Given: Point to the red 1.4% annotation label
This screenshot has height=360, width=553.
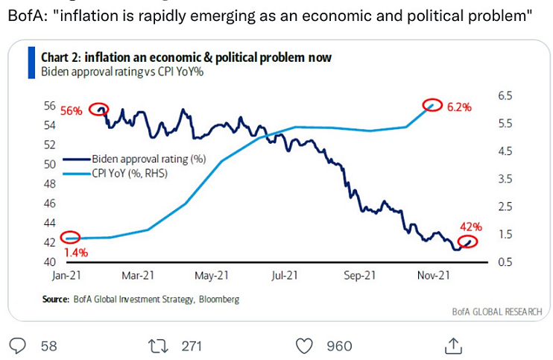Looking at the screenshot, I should point(76,253).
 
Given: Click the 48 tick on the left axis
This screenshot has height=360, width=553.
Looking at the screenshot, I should point(50,183).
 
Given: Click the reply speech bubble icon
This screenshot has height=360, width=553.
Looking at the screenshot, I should point(17,345).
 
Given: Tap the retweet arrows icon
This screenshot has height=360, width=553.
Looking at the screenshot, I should point(159,345).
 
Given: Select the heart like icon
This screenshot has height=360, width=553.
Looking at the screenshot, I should point(304,345).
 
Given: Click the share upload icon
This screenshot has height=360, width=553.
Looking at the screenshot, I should point(452,345).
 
